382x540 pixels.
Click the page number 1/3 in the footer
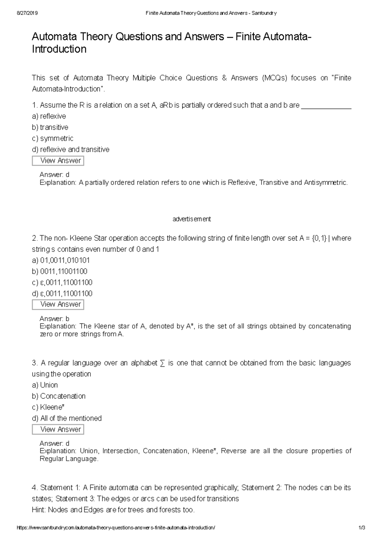pos(362,528)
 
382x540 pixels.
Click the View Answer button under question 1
pos(58,161)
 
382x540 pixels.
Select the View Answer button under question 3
pos(58,429)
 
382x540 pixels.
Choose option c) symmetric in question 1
pos(53,138)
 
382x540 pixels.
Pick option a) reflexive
pos(49,116)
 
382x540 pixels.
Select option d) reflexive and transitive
pos(71,149)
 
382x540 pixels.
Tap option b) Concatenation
pos(59,396)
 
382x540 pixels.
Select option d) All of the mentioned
pos(67,419)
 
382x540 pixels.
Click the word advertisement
pos(192,219)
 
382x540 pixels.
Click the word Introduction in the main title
pos(59,49)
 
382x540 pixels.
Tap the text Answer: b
pos(54,319)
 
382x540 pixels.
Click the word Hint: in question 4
pos(39,510)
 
